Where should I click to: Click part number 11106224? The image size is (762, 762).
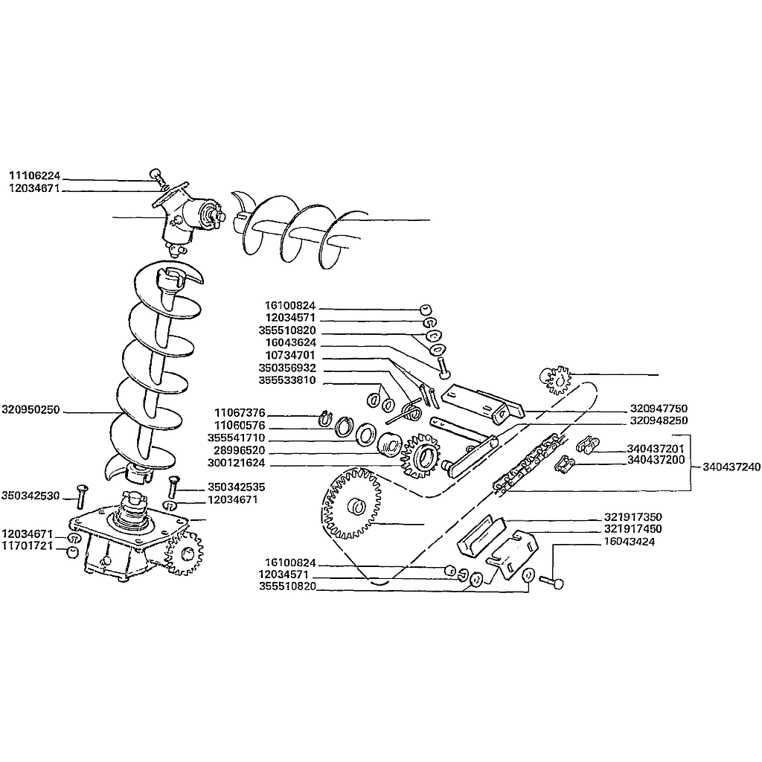[x=34, y=176]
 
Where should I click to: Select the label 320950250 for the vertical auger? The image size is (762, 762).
[x=31, y=410]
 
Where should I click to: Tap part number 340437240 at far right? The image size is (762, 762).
[x=731, y=467]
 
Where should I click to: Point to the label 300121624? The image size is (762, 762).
[x=236, y=463]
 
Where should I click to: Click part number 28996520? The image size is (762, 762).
[x=239, y=450]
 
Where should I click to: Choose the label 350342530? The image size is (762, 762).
[x=31, y=496]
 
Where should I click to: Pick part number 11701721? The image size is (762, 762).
[x=28, y=545]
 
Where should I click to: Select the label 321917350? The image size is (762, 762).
[x=633, y=517]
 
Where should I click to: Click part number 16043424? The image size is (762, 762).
[x=630, y=542]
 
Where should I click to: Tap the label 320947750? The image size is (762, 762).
[x=659, y=409]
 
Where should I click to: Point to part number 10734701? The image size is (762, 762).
[x=290, y=355]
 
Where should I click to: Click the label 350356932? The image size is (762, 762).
[x=287, y=368]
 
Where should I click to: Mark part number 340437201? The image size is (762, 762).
[x=655, y=449]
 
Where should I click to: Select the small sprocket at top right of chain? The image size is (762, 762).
[x=556, y=380]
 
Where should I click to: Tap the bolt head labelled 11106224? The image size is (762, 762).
[x=156, y=173]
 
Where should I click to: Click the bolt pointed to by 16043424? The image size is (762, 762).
[x=551, y=582]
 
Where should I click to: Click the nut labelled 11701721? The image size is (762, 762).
[x=72, y=553]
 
